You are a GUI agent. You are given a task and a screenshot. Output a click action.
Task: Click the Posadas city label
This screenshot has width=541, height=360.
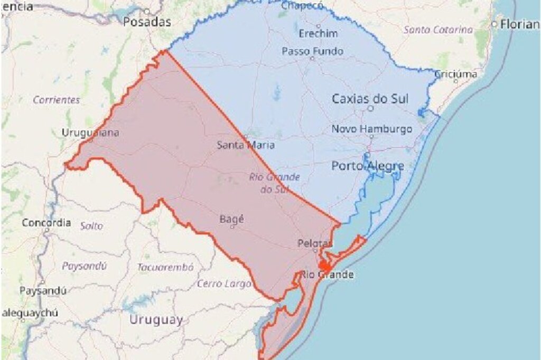(147, 22)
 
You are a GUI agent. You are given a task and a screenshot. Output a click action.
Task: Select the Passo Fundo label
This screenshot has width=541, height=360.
(312, 51)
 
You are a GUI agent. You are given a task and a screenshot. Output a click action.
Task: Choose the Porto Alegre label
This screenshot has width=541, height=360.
(368, 166)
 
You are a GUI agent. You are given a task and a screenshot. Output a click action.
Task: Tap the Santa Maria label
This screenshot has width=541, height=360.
(246, 144)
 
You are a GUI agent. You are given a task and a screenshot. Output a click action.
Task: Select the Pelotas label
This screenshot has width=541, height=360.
(315, 243)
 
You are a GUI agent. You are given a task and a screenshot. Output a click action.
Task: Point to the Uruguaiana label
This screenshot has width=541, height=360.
(90, 132)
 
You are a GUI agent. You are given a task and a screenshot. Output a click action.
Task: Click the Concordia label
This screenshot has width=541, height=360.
(46, 223)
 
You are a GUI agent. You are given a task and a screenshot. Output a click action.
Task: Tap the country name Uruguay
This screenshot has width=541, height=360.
(156, 319)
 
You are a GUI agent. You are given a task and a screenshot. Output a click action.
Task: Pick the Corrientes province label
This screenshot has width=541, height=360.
(57, 100)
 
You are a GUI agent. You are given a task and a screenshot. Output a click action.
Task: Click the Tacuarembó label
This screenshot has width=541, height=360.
(165, 267)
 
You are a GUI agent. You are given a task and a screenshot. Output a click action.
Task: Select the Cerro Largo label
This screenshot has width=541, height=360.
(224, 283)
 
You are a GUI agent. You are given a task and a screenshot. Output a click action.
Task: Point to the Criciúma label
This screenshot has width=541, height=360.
(455, 74)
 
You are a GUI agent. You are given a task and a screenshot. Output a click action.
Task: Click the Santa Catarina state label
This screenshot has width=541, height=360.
(438, 30)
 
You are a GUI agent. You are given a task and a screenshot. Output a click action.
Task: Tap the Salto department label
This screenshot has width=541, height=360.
(92, 226)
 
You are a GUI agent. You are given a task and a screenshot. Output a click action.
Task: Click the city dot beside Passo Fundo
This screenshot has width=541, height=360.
(312, 59)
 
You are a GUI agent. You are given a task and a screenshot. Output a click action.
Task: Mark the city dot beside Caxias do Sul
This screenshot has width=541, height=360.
(370, 108)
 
